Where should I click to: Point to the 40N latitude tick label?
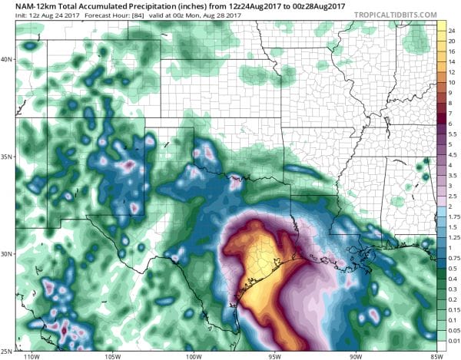[x=8, y=59]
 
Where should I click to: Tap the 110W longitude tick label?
[x=32, y=355]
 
